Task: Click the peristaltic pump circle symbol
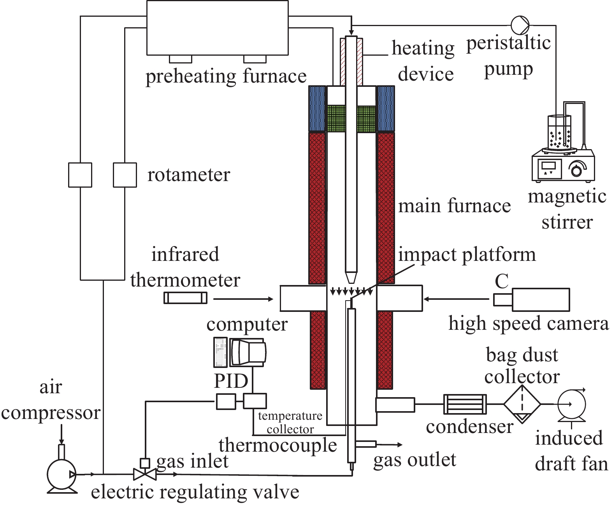tap(520, 25)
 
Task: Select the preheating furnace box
tap(217, 28)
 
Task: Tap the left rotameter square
tap(80, 175)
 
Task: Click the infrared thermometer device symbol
tap(185, 298)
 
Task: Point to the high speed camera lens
tap(502, 300)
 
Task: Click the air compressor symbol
tap(61, 474)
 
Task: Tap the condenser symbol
tap(465, 405)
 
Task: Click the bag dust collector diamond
tap(522, 404)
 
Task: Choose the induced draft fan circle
tap(572, 405)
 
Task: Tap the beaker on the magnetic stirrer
tap(559, 132)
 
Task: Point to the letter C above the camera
tap(502, 281)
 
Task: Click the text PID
tap(231, 381)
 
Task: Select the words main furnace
tap(454, 206)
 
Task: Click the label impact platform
tap(467, 255)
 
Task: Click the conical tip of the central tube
tap(351, 277)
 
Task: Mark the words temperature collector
tap(290, 422)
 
